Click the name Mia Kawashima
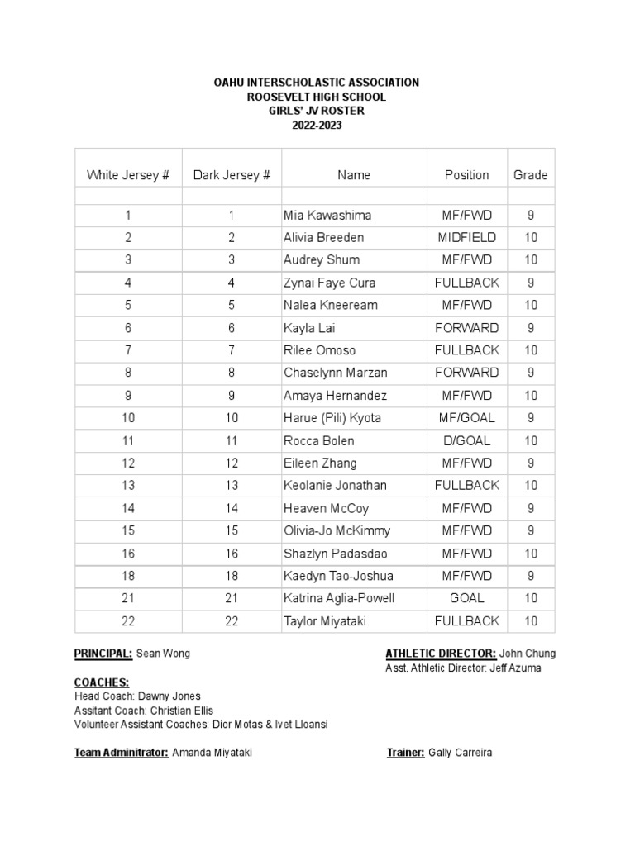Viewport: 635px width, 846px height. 327,216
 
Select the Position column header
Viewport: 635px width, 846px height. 466,175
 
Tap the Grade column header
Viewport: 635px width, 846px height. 531,175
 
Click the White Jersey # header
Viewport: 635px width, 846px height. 128,175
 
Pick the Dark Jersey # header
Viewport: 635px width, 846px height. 232,175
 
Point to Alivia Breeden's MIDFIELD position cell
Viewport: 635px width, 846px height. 466,238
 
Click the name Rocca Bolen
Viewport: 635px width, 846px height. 318,441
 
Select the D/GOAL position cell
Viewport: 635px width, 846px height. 466,441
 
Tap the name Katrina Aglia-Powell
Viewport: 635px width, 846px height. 339,598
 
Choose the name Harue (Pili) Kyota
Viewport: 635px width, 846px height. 332,418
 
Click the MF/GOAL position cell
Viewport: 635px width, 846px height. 466,418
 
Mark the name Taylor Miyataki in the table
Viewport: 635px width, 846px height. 325,621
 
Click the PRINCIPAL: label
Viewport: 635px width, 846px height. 103,654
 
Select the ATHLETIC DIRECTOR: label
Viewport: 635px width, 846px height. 441,654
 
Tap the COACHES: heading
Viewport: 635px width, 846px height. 102,682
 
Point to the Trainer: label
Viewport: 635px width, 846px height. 405,753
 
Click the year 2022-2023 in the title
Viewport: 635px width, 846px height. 317,125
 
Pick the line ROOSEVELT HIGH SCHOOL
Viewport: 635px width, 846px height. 317,97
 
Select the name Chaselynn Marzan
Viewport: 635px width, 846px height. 335,373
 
